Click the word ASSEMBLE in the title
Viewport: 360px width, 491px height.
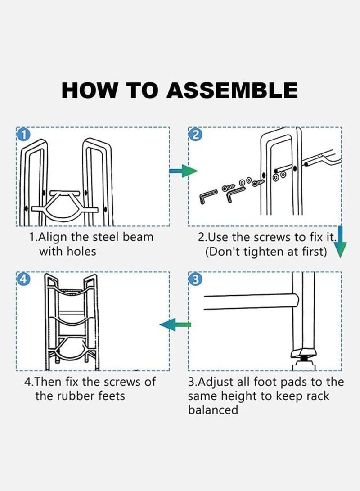(232, 90)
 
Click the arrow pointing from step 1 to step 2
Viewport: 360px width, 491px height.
(184, 171)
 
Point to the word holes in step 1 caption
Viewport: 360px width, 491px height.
(81, 251)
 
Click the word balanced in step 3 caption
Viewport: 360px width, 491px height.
(213, 410)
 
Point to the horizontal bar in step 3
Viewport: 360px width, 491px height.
(251, 302)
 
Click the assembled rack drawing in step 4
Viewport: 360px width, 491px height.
(72, 320)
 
